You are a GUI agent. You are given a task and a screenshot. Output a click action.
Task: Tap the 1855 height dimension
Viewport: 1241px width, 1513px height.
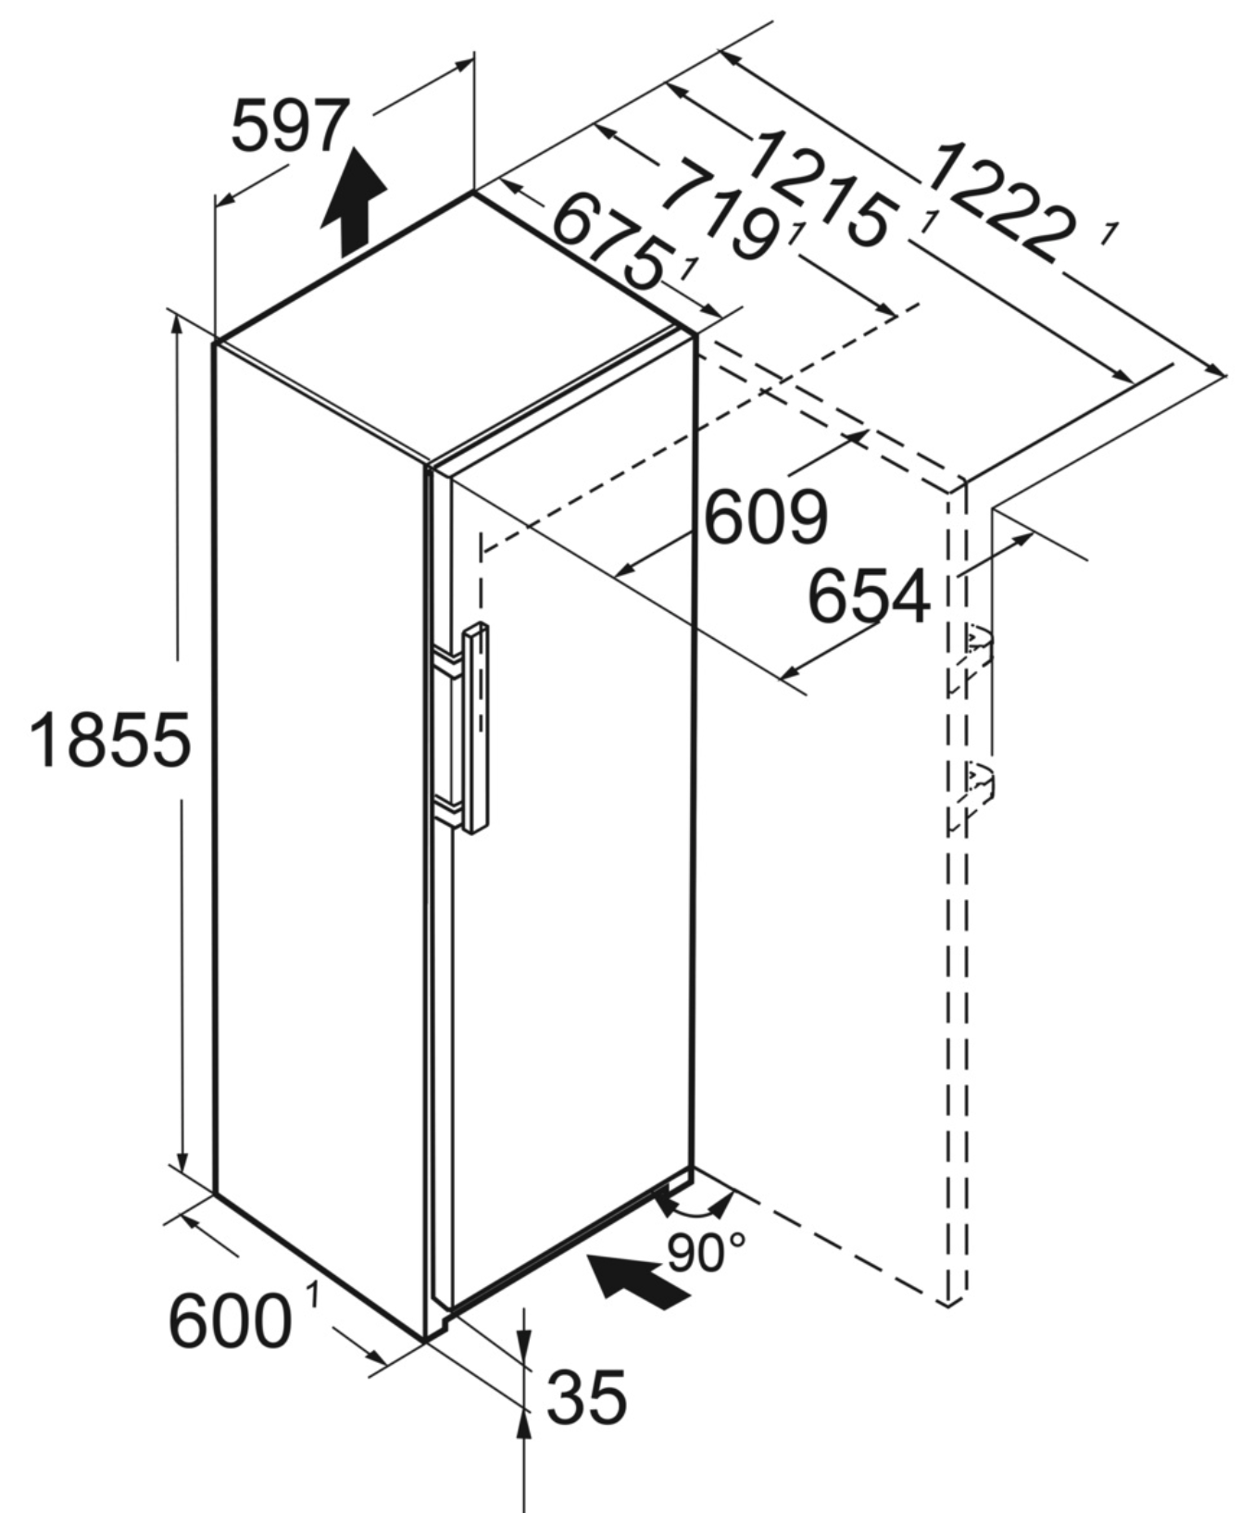click(110, 740)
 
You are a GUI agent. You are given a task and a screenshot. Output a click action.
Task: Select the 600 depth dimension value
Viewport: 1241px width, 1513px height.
click(230, 1321)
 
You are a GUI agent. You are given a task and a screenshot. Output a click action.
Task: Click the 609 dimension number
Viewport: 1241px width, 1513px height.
click(765, 518)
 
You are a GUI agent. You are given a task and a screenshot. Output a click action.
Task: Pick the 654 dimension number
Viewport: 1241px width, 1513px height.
click(869, 596)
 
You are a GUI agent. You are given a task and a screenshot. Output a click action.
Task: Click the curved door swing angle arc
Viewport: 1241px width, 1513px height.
click(696, 1209)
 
